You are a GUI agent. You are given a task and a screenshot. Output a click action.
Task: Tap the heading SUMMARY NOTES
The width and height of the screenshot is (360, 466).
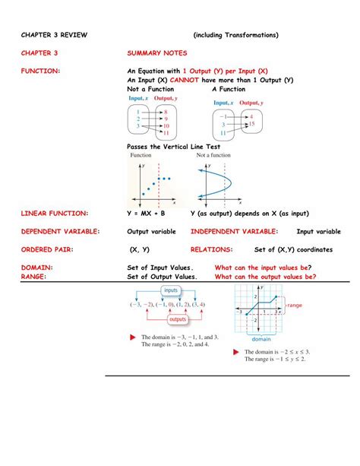point(155,53)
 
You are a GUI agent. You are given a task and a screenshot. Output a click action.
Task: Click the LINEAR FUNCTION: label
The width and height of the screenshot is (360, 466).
point(54,214)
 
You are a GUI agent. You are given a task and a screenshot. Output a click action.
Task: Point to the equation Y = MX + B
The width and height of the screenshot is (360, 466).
point(146,214)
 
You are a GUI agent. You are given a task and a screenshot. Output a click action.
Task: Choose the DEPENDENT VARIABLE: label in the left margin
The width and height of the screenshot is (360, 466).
point(60,231)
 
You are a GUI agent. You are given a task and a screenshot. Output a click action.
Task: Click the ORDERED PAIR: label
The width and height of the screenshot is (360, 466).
point(47,249)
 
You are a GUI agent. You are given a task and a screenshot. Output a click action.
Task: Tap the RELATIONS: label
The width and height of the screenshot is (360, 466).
point(211,249)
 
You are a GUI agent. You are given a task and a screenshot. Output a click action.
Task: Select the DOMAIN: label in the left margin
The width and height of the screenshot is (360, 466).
point(37,268)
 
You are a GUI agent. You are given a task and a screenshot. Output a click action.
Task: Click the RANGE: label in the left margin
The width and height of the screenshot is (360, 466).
point(34,277)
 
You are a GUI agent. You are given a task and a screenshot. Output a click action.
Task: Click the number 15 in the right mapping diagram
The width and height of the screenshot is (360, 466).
point(251,124)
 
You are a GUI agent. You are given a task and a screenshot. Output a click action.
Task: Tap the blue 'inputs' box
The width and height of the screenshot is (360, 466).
point(170,291)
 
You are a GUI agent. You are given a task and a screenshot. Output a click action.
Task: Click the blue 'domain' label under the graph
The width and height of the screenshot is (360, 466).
point(261,339)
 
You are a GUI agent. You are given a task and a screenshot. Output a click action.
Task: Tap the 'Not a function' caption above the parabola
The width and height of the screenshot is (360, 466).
point(213,155)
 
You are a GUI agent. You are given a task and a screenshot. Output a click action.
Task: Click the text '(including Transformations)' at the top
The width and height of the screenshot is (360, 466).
point(235,35)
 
